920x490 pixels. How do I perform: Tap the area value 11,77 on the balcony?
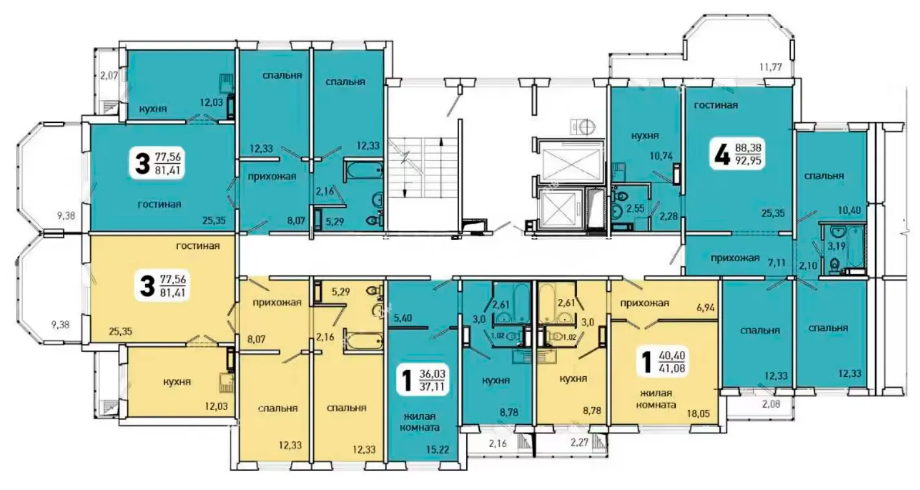point(771,66)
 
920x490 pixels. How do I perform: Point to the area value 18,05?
point(699,413)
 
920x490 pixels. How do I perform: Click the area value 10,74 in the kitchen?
point(661,155)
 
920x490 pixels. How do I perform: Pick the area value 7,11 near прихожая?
point(777,263)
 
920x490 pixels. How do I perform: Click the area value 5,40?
point(403,317)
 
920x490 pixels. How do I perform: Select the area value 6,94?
point(706,307)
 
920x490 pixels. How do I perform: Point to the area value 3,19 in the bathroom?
point(836,246)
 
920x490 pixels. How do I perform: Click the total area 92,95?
point(749,161)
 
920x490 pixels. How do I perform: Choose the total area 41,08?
point(672,368)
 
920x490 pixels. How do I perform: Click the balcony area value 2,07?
point(109,75)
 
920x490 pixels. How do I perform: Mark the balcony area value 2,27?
point(580,443)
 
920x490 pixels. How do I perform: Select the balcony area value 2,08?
point(771,404)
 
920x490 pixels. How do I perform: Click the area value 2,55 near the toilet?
point(635,208)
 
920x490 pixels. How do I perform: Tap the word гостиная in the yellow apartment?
point(198,246)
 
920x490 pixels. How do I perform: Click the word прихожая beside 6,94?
point(645,303)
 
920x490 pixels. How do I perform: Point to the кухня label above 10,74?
point(645,136)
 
